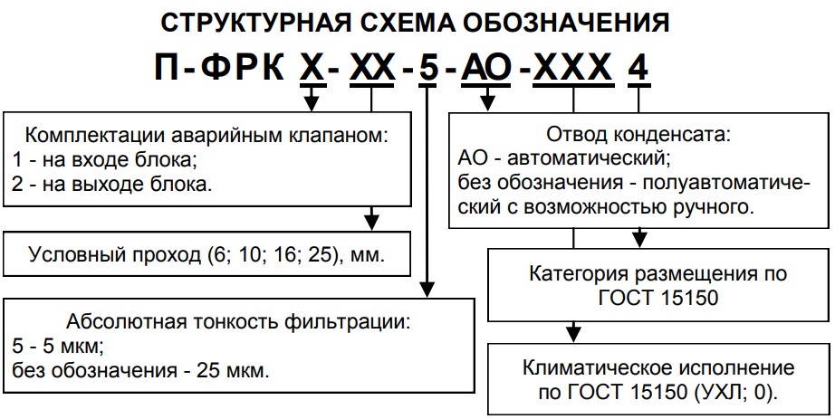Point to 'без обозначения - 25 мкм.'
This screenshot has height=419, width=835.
point(142,370)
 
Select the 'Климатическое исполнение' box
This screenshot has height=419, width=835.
point(658,369)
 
